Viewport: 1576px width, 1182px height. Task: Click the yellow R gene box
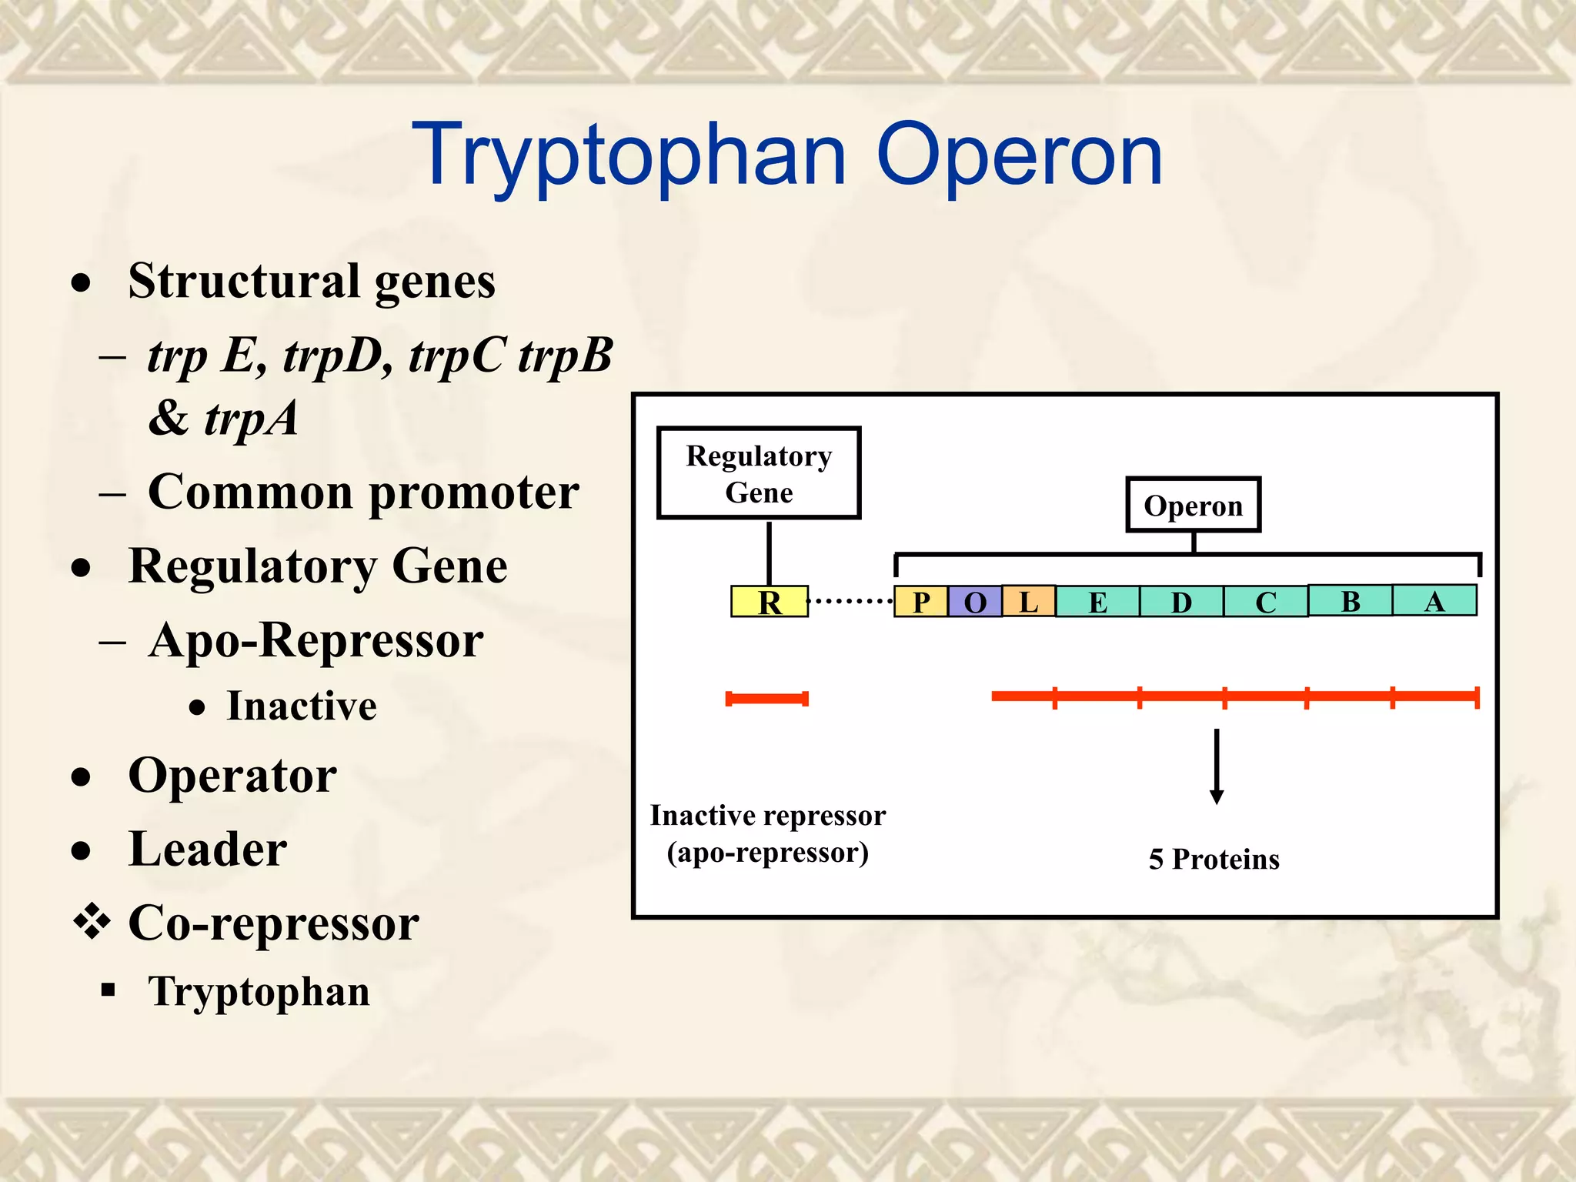(x=769, y=601)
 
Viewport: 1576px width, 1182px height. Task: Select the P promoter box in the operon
(x=920, y=601)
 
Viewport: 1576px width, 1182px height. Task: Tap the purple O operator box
(x=975, y=601)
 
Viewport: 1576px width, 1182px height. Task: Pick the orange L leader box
(x=1029, y=601)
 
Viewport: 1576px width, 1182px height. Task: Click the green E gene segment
(x=1097, y=601)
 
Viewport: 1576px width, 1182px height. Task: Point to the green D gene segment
(x=1181, y=601)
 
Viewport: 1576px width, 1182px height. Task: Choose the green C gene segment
(x=1265, y=601)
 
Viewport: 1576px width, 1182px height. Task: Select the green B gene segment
(x=1350, y=600)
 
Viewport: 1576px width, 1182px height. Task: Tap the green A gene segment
(x=1434, y=600)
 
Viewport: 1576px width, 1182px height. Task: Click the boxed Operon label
(x=1193, y=506)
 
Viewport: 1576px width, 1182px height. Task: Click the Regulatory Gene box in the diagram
(x=759, y=473)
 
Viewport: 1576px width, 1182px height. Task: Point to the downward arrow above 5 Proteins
(x=1217, y=766)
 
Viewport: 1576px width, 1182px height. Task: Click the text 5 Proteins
(x=1214, y=859)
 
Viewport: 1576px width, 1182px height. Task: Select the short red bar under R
(x=766, y=699)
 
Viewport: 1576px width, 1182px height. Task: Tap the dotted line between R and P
(x=850, y=601)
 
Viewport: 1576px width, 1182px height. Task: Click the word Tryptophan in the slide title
(x=629, y=156)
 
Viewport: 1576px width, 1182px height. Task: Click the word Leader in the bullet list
(x=208, y=850)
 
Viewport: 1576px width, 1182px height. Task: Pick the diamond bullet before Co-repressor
(x=92, y=921)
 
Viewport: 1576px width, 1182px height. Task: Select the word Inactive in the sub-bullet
(x=302, y=706)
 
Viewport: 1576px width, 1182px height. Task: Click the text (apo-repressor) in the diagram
(x=767, y=853)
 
